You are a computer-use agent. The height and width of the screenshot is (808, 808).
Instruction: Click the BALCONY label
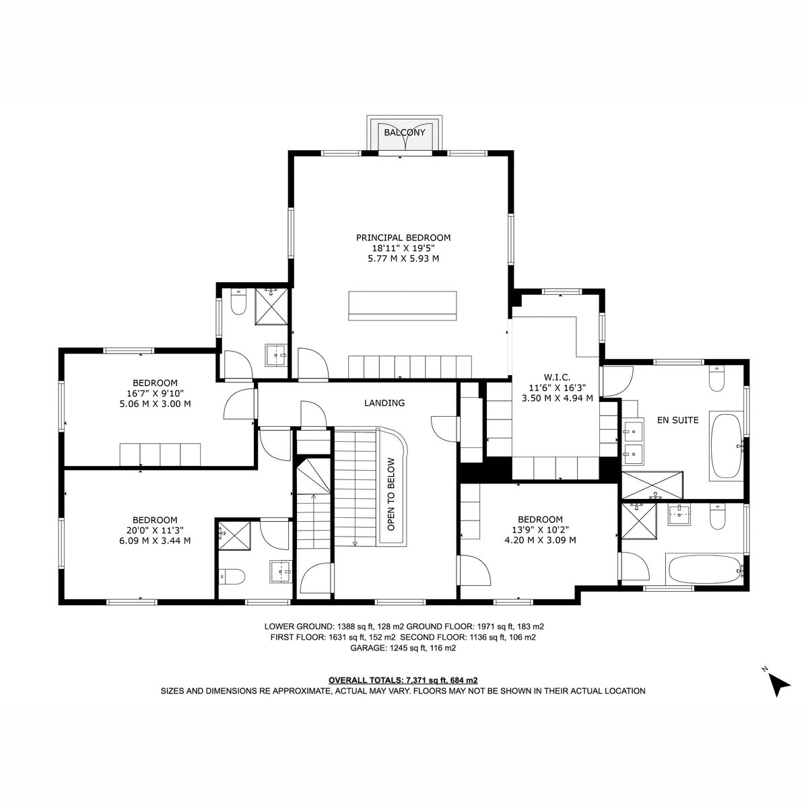404,133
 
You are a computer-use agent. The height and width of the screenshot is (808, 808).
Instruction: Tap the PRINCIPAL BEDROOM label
403,238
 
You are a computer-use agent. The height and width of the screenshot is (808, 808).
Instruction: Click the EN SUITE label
677,420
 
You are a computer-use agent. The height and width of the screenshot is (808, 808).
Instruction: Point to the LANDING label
384,403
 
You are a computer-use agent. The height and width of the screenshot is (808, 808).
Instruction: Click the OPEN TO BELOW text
391,494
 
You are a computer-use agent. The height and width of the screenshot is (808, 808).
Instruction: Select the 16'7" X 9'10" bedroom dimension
155,393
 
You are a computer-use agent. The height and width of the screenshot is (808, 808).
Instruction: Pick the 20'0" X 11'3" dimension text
155,531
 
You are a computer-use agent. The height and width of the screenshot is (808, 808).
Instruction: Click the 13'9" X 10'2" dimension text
540,530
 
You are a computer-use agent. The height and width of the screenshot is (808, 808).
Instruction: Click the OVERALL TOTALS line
403,680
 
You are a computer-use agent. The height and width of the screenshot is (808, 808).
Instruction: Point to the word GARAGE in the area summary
368,648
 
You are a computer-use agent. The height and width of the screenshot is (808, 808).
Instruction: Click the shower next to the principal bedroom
271,306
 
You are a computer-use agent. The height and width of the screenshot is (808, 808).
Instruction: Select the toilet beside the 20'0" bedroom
232,576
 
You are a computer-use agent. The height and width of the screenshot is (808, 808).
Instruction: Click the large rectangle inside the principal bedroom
402,306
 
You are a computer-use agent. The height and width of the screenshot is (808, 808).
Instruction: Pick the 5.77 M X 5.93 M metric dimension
403,259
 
